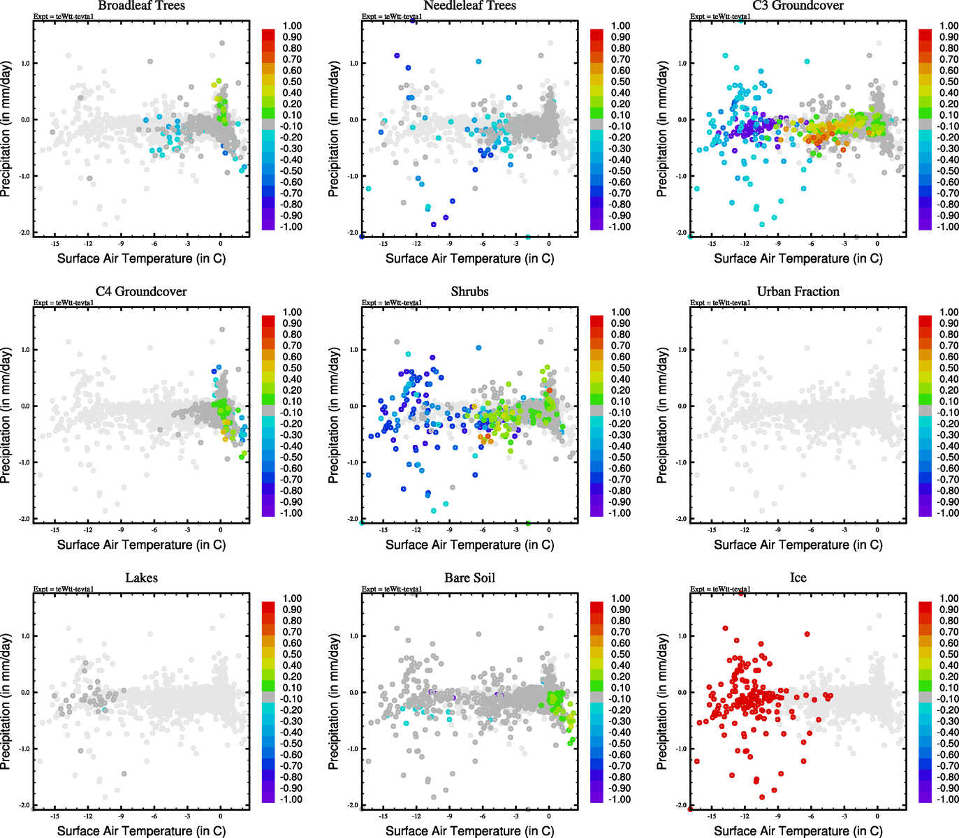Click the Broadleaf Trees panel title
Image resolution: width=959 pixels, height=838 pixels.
point(141,6)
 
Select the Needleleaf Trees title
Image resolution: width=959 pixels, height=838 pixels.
point(469,6)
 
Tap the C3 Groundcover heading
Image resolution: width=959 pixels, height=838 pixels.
point(798,6)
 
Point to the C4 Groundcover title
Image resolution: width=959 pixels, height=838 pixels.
point(141,292)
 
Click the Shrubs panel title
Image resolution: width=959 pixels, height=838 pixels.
point(469,292)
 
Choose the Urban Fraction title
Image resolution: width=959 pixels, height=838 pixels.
point(798,292)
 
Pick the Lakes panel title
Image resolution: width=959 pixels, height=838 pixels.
point(141,578)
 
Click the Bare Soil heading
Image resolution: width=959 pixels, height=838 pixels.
point(469,578)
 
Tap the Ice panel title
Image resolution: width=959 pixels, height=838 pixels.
point(798,578)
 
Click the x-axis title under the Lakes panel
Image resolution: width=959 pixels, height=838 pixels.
point(141,831)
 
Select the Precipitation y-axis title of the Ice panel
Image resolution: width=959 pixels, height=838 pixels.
point(662,702)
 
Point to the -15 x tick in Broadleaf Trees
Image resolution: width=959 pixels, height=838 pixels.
point(54,244)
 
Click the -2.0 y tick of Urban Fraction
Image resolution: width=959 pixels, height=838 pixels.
point(682,519)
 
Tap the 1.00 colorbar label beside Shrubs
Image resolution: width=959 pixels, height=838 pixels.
point(621,312)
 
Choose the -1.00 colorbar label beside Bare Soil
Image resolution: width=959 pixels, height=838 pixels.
point(620,800)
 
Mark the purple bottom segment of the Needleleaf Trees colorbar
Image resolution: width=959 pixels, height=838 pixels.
point(596,225)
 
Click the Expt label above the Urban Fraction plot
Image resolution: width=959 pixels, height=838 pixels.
point(720,302)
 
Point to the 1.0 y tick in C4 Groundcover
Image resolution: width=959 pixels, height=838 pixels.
point(25,350)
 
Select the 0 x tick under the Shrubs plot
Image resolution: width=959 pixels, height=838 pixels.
point(549,530)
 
